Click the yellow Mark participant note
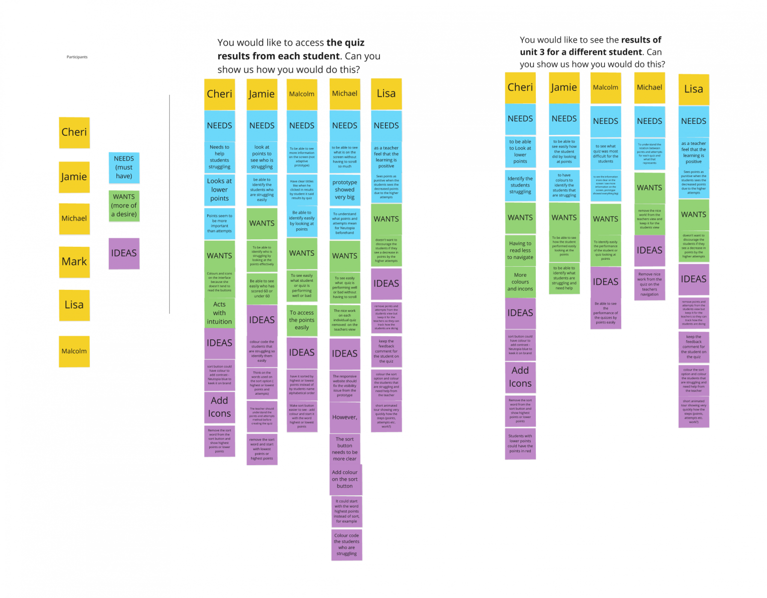coord(74,262)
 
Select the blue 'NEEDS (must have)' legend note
coord(124,167)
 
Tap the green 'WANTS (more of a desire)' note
coord(124,205)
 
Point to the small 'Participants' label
coord(77,57)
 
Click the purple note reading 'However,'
coord(345,417)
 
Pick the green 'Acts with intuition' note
coord(219,313)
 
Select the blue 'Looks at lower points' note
coord(219,189)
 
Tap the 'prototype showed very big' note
coord(345,190)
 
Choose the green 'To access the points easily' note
coord(302,320)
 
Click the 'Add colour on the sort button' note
coord(345,479)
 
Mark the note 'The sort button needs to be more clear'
coord(345,449)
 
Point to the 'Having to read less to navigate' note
coord(520,250)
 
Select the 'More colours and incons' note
coord(520,282)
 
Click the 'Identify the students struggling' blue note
coord(520,185)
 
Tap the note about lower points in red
coord(520,443)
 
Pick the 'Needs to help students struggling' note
coord(219,157)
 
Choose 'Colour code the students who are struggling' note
coord(347,545)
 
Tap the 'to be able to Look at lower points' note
coord(520,151)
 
